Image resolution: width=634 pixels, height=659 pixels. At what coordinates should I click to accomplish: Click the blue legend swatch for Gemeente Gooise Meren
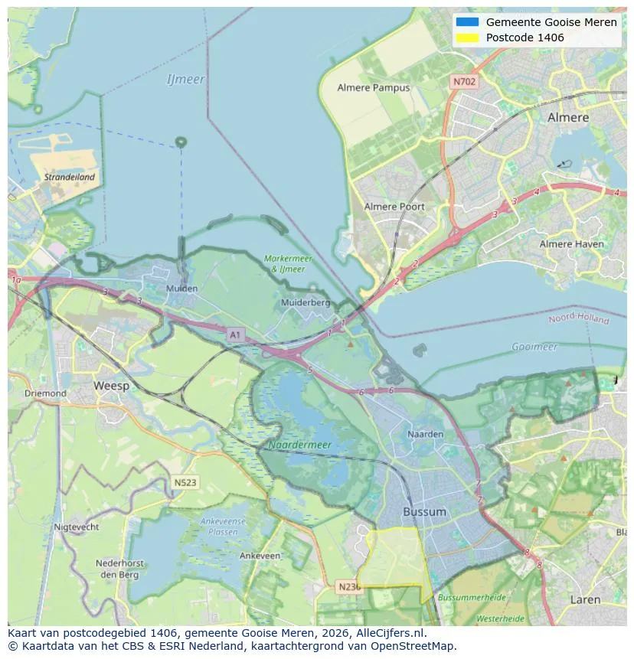click(x=466, y=22)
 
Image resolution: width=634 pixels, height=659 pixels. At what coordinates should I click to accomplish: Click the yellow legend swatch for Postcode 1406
click(x=466, y=38)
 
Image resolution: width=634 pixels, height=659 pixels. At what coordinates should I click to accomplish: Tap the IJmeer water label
click(x=185, y=80)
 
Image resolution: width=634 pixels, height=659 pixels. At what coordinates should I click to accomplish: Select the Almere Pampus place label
click(x=374, y=87)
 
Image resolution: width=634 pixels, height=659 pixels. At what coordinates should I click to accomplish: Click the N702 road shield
click(x=464, y=81)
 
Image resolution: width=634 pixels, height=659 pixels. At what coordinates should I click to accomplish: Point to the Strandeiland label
click(x=70, y=177)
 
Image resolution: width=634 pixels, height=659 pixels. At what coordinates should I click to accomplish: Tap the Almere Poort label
click(x=394, y=207)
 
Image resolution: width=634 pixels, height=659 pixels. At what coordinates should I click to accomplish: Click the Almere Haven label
click(x=571, y=244)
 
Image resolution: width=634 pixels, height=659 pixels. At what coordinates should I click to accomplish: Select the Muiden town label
click(x=181, y=289)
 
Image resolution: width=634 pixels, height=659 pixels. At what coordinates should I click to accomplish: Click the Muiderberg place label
click(x=306, y=302)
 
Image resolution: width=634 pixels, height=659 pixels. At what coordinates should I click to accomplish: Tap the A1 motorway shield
click(x=235, y=334)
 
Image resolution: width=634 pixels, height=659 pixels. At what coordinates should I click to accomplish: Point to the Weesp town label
click(x=111, y=386)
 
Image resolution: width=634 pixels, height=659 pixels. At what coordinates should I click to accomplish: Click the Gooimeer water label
click(x=534, y=347)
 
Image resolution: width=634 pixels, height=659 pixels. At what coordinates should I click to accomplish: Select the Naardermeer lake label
click(x=300, y=444)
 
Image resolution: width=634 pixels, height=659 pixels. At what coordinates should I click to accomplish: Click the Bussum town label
click(x=424, y=511)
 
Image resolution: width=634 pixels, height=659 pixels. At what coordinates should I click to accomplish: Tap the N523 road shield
click(x=185, y=482)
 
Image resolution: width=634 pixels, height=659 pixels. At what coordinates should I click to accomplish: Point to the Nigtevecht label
click(x=77, y=527)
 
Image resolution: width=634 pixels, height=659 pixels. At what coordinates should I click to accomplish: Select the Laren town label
click(x=585, y=600)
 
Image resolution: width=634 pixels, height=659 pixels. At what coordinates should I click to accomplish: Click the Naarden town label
click(x=426, y=434)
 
